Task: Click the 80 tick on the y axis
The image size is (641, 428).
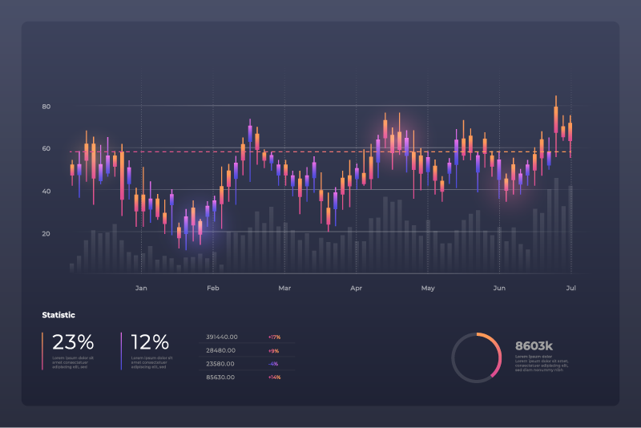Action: pyautogui.click(x=46, y=107)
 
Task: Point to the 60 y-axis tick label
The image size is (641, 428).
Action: pyautogui.click(x=46, y=149)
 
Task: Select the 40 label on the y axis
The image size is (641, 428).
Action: pyautogui.click(x=46, y=192)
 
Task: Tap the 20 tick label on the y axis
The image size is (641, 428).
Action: pyautogui.click(x=46, y=234)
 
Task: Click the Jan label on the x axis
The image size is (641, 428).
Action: pyautogui.click(x=141, y=288)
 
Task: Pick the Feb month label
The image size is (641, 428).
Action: pyautogui.click(x=213, y=288)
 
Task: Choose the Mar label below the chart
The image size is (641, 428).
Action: pyautogui.click(x=284, y=288)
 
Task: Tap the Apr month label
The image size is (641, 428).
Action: pyautogui.click(x=357, y=288)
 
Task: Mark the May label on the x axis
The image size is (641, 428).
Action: pyautogui.click(x=428, y=288)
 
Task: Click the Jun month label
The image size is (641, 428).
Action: pyautogui.click(x=499, y=288)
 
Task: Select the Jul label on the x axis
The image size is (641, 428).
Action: pyautogui.click(x=571, y=288)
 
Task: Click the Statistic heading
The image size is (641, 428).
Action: pyautogui.click(x=58, y=315)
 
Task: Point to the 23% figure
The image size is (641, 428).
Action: pyautogui.click(x=74, y=342)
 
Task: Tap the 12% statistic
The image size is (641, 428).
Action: pyautogui.click(x=151, y=342)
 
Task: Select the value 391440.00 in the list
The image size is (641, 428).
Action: pyautogui.click(x=221, y=337)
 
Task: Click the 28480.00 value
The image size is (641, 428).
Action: pyautogui.click(x=220, y=350)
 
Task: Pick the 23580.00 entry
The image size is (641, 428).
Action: pyautogui.click(x=220, y=363)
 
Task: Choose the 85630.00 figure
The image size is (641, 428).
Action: pyautogui.click(x=220, y=377)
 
